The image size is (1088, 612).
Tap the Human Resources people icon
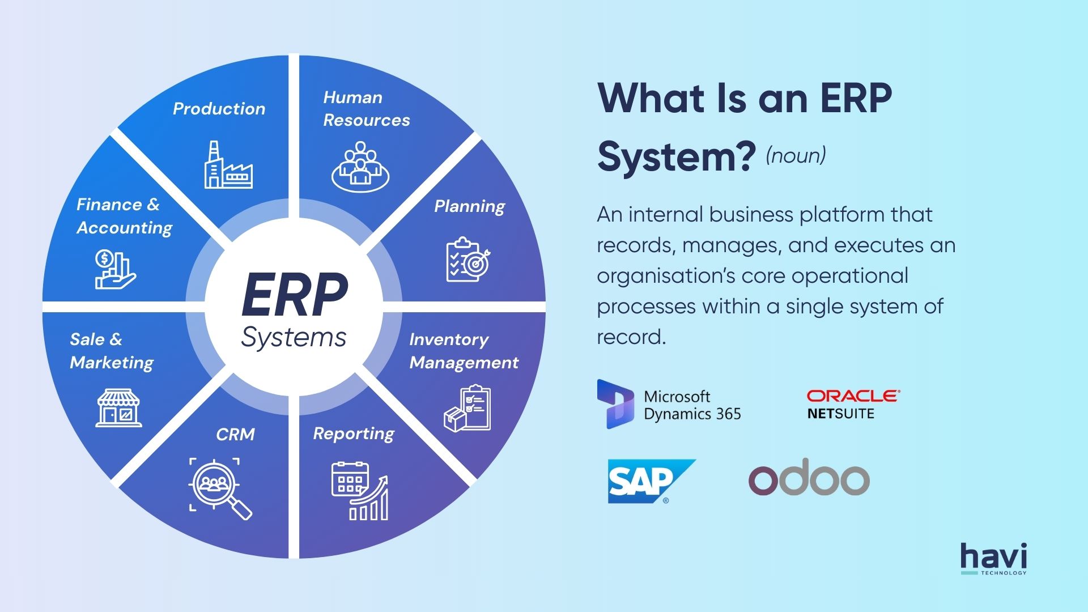tap(360, 167)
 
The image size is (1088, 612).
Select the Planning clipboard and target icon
tap(468, 260)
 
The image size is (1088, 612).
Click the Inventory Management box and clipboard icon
tap(467, 409)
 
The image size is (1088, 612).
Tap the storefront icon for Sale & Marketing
tap(118, 408)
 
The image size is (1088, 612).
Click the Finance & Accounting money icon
tap(115, 269)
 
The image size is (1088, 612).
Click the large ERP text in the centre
tap(294, 295)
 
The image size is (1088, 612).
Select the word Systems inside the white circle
tap(294, 338)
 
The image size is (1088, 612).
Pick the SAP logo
tap(651, 481)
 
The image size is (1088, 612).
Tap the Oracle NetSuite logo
tap(853, 405)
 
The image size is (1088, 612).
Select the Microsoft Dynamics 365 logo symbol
tap(615, 404)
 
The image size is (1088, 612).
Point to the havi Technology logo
tap(993, 559)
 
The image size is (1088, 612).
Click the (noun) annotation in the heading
tap(796, 155)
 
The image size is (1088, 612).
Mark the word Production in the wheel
tap(219, 109)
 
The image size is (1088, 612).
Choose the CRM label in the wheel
tap(235, 435)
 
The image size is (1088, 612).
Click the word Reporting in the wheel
tap(354, 434)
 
